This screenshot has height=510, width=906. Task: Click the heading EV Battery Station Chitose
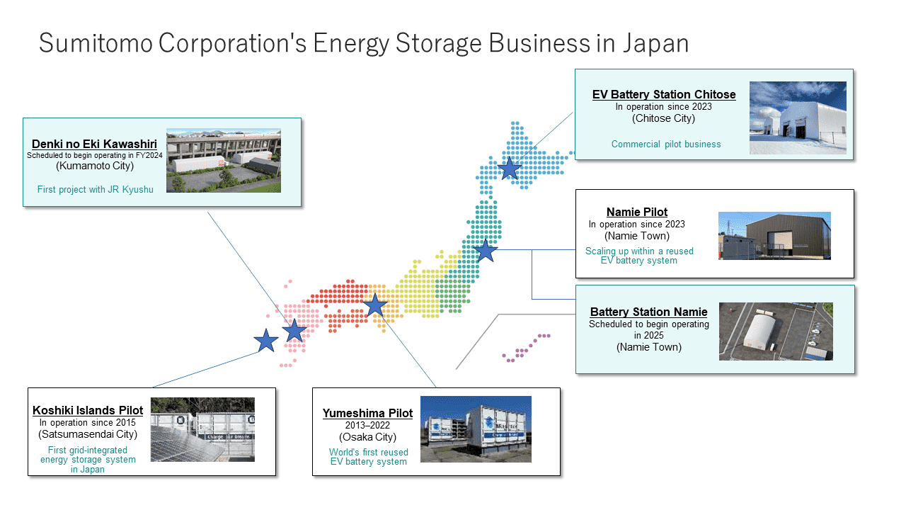[x=664, y=94]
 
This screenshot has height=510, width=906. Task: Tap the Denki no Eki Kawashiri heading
[x=94, y=144]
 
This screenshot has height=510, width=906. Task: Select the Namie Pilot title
[x=637, y=212]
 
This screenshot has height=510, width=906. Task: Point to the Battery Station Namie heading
[x=649, y=312]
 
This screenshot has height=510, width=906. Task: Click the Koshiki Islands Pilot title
[x=88, y=410]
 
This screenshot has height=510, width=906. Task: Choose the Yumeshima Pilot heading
[x=367, y=413]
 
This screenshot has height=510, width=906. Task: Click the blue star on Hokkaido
[x=509, y=168]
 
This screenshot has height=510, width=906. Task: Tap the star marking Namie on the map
[x=486, y=250]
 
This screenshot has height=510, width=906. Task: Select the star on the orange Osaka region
[x=375, y=305]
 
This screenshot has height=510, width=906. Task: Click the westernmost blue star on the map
[x=266, y=341]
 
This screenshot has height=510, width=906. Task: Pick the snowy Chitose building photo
[x=798, y=118]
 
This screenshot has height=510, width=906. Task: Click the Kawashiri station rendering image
[x=224, y=161]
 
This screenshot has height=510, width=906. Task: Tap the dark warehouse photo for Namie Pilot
[x=774, y=236]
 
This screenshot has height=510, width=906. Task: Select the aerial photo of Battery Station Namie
[x=776, y=331]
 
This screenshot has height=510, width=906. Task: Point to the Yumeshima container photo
[x=476, y=429]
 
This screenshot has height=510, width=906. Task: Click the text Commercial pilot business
[x=666, y=144]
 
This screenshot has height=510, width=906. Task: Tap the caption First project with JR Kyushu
[x=95, y=189]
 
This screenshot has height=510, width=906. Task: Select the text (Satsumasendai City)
[x=88, y=434]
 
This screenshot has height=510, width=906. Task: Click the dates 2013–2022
[x=367, y=425]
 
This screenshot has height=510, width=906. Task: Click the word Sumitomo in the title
[x=96, y=43]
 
